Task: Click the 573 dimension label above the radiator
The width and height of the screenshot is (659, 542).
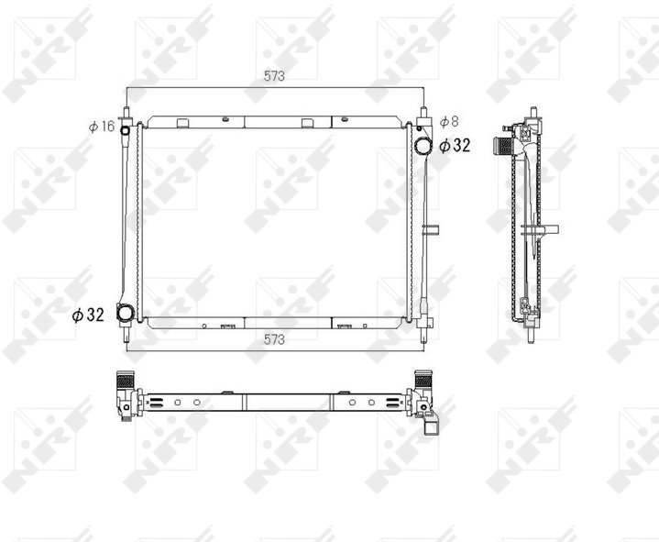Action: tap(274, 76)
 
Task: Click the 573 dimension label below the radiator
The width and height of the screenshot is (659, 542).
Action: tap(274, 339)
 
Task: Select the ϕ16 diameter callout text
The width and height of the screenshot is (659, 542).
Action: tap(102, 127)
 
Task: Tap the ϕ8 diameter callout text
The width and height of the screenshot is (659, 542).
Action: tap(449, 122)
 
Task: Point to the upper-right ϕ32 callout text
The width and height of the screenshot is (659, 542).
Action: tap(455, 146)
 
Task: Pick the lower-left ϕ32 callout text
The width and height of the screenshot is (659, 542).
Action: tap(88, 315)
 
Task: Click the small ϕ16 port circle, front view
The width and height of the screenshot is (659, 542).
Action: tap(125, 130)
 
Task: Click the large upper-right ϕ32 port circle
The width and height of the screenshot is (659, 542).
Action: tap(423, 146)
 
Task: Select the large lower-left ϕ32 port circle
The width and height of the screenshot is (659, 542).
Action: tap(126, 314)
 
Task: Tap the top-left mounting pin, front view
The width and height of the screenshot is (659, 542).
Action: tap(126, 114)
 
